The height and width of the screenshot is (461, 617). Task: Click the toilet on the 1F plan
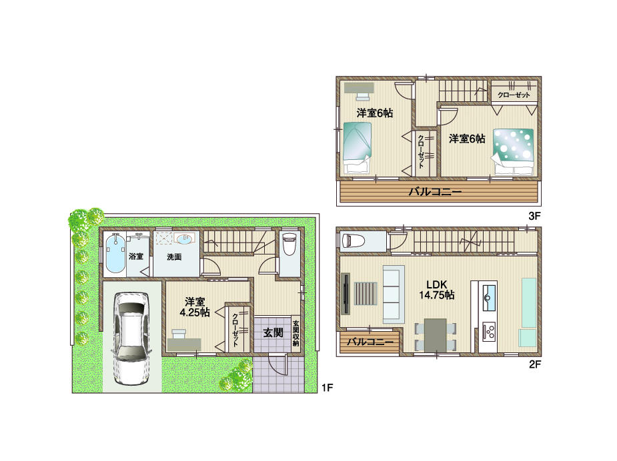(x=289, y=244)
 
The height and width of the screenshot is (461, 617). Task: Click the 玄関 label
(x=271, y=332)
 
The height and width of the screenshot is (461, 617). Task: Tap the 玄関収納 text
(x=295, y=332)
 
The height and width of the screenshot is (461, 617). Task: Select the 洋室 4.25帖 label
(x=195, y=306)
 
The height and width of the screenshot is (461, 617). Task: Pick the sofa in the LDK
(x=393, y=293)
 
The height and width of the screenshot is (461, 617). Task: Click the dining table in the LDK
(x=435, y=334)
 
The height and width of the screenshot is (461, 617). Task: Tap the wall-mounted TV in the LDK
(x=345, y=294)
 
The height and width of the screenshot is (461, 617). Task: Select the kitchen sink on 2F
(x=489, y=294)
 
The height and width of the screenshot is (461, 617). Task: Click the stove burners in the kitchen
(x=488, y=331)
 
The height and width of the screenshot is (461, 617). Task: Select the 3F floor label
(x=534, y=216)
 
